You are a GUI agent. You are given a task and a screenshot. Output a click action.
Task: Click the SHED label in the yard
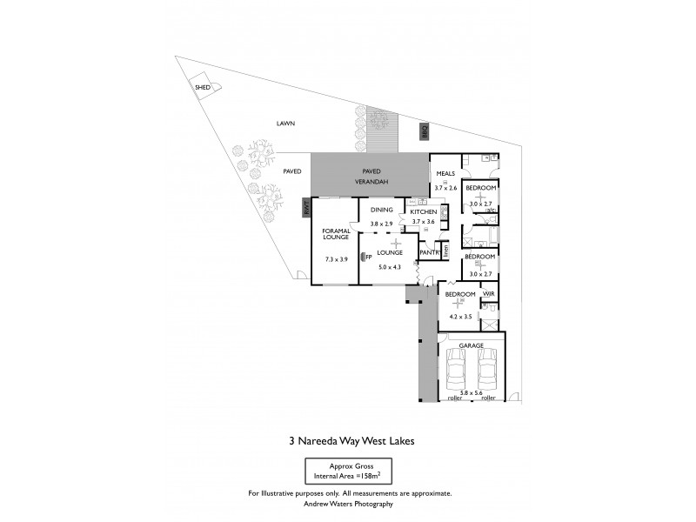pos(203,88)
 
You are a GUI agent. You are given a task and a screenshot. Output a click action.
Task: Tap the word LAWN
pos(286,124)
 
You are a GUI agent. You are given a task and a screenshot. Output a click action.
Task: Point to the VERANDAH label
pos(371,182)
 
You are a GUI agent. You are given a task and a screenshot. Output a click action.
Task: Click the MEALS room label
pos(446,173)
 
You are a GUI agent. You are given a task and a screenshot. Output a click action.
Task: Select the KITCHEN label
pos(424,211)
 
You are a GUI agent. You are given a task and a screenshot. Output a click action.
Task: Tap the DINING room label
pos(382,210)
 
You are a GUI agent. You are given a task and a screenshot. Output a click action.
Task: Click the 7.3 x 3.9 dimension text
pos(336,259)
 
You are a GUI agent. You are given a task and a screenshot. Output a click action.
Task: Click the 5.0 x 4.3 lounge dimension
pos(389,268)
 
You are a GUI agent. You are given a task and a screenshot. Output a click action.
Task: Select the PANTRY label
pos(429,253)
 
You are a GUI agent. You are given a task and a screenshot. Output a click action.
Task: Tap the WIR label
pos(488,295)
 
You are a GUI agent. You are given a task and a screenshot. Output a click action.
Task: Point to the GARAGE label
pos(472,345)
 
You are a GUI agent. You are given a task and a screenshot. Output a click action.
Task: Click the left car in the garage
pos(455,373)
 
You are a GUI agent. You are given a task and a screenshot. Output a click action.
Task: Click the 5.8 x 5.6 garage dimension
pos(472,393)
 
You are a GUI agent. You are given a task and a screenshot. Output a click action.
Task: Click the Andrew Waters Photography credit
pos(348,504)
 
